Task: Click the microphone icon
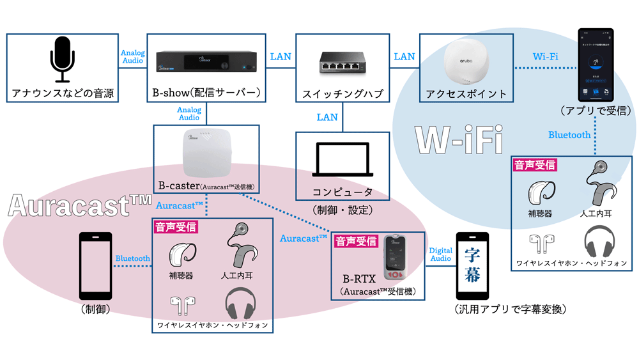click(x=63, y=59)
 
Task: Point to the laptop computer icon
click(x=342, y=159)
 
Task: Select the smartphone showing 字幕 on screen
click(x=472, y=265)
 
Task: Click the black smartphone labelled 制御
click(x=95, y=265)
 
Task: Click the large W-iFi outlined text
click(x=458, y=139)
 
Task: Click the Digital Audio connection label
click(x=440, y=255)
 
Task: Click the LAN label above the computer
click(x=327, y=117)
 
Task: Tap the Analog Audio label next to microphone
click(x=132, y=57)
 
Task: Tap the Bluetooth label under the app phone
click(x=569, y=135)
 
